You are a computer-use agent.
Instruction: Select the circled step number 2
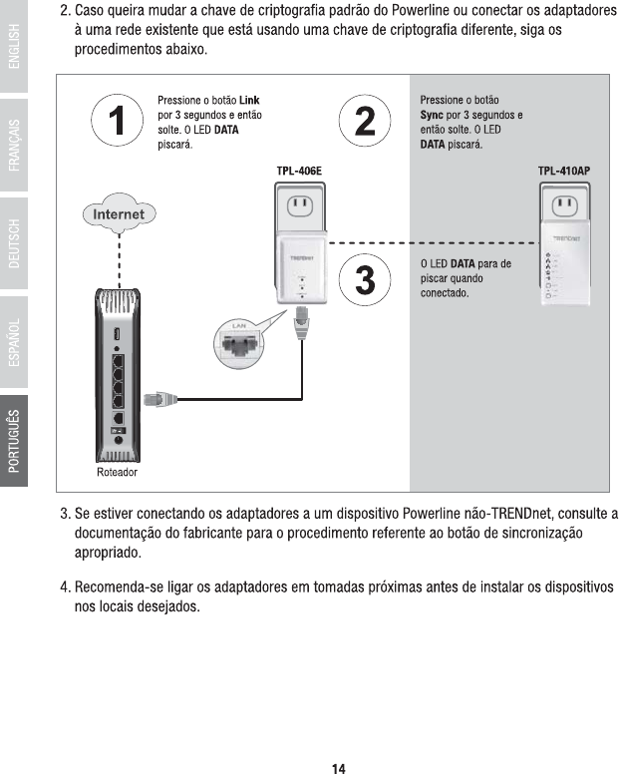point(365,123)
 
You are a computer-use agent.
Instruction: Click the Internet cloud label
point(119,214)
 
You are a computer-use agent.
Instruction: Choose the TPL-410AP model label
point(564,172)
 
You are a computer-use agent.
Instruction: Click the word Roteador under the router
point(118,471)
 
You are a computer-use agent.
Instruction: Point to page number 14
point(339,767)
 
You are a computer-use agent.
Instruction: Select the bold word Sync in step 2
point(432,116)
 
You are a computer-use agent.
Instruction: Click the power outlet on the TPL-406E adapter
point(300,206)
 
